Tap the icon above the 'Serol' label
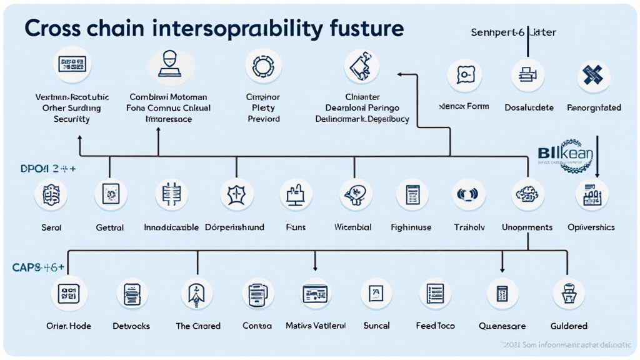tap(51, 195)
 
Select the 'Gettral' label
tap(110, 227)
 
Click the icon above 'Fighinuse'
tap(411, 195)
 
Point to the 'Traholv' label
tap(469, 227)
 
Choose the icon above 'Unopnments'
tap(527, 195)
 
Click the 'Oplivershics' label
tap(591, 227)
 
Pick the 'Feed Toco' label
tap(436, 326)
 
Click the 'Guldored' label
tap(569, 326)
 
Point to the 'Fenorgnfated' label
tap(594, 107)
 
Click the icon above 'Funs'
tap(295, 195)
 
